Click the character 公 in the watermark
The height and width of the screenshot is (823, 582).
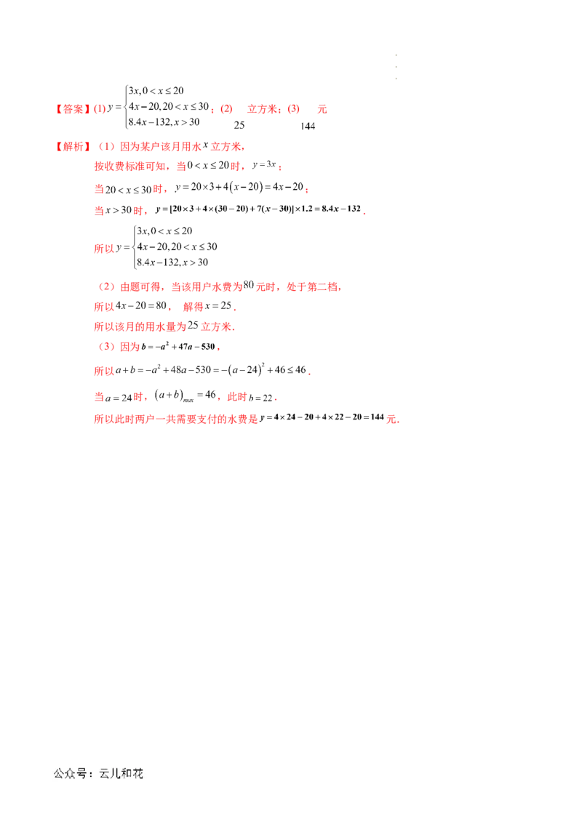(60, 774)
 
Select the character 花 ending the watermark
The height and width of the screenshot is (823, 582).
(137, 774)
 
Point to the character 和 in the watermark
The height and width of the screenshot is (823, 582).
(127, 774)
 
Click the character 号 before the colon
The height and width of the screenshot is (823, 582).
(81, 774)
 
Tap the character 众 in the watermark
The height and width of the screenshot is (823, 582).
(71, 774)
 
